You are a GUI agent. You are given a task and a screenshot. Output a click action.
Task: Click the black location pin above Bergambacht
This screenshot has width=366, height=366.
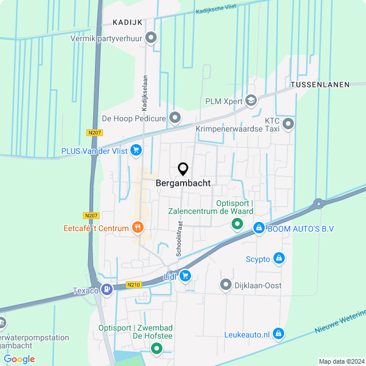[x=183, y=169]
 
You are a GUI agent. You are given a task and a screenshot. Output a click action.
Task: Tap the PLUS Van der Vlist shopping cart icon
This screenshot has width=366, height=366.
[x=136, y=150]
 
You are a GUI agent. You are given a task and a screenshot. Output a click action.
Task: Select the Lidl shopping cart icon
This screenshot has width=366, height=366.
[x=185, y=276]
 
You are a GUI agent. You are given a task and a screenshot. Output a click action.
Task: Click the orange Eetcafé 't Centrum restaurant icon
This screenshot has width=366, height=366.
[x=137, y=228]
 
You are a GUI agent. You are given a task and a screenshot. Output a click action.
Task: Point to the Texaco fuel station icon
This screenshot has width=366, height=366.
[x=106, y=290]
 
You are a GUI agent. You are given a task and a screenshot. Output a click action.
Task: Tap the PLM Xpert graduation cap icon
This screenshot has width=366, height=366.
[x=250, y=101]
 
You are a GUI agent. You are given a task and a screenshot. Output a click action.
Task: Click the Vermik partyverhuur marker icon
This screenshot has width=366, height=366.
[x=151, y=38]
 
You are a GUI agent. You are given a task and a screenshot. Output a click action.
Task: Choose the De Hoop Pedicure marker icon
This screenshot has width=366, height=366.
[x=175, y=118]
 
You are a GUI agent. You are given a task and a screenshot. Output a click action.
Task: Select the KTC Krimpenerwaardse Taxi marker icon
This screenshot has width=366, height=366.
[x=288, y=123]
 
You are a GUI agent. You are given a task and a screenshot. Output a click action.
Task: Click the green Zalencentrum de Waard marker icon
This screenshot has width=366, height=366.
[x=236, y=224]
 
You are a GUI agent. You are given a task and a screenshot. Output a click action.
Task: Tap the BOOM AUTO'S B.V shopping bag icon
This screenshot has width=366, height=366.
[x=259, y=228]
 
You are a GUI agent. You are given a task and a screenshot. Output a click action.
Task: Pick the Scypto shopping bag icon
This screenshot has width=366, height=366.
[x=279, y=258]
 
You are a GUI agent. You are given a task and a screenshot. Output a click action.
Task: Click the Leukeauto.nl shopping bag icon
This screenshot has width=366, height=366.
[x=279, y=333]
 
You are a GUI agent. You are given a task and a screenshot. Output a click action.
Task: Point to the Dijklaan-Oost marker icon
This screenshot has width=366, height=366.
[x=226, y=285]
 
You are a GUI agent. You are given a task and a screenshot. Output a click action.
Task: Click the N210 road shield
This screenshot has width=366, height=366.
[x=134, y=285]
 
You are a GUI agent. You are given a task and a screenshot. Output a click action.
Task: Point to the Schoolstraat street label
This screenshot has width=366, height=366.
[x=179, y=238]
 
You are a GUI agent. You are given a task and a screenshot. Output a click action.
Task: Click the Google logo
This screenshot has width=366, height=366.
[x=19, y=359]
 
